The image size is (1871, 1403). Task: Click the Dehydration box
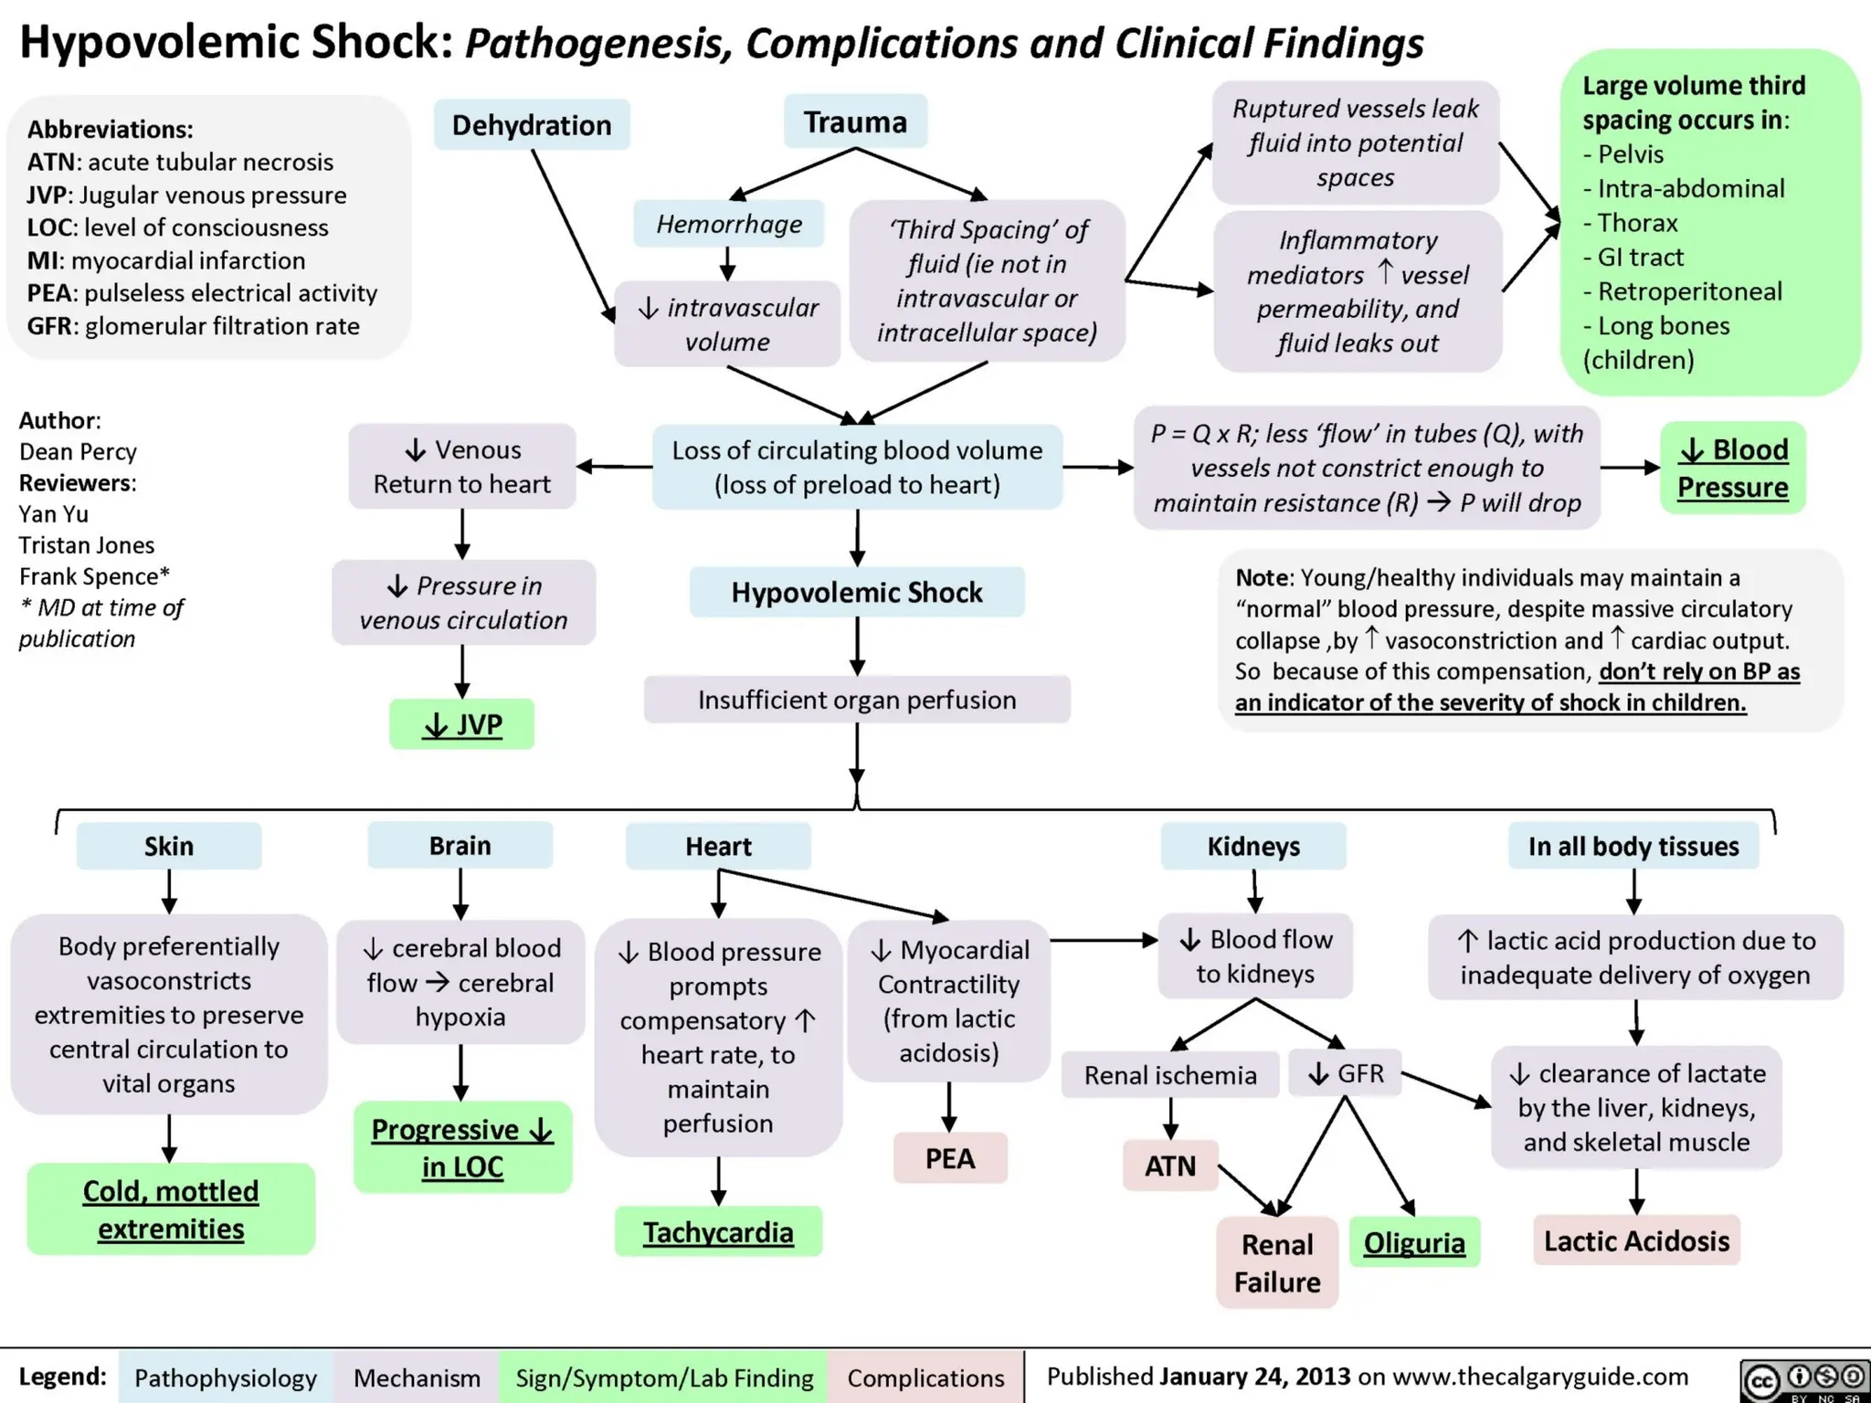click(x=532, y=125)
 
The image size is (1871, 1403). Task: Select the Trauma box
click(x=855, y=121)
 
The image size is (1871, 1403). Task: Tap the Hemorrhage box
click(x=729, y=224)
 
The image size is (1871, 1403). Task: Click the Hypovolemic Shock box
click(x=857, y=593)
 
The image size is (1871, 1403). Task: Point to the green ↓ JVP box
click(x=462, y=724)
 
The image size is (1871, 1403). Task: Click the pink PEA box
click(x=950, y=1158)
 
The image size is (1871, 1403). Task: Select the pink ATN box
click(x=1170, y=1166)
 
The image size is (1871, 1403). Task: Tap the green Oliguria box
click(x=1414, y=1243)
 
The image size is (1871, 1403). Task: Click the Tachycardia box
click(x=718, y=1232)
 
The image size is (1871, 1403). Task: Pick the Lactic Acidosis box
click(x=1636, y=1241)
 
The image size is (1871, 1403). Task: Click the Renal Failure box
click(x=1277, y=1263)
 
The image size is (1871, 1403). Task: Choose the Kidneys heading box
click(x=1253, y=846)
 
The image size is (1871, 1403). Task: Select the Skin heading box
click(x=169, y=846)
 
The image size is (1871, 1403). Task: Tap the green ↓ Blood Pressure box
click(x=1732, y=468)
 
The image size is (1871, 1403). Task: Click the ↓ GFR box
click(x=1346, y=1073)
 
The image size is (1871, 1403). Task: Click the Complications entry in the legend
click(x=925, y=1377)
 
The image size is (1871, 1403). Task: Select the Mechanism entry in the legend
click(x=417, y=1377)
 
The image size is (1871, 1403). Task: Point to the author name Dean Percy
click(x=78, y=451)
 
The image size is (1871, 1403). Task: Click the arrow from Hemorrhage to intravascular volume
click(x=728, y=262)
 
